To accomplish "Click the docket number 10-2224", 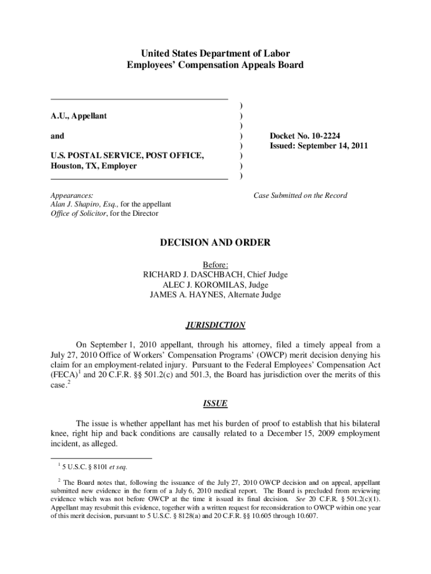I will coord(325,136).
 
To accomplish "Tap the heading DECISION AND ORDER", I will coord(215,243).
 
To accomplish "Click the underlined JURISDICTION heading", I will coord(215,325).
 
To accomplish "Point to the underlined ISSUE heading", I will coord(215,404).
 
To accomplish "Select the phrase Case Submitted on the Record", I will coord(300,196).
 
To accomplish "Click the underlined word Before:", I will coord(215,265).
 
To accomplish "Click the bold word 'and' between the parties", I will coord(57,136).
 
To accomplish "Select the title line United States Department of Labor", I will coord(215,54).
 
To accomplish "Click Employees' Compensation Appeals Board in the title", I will coord(215,65).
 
